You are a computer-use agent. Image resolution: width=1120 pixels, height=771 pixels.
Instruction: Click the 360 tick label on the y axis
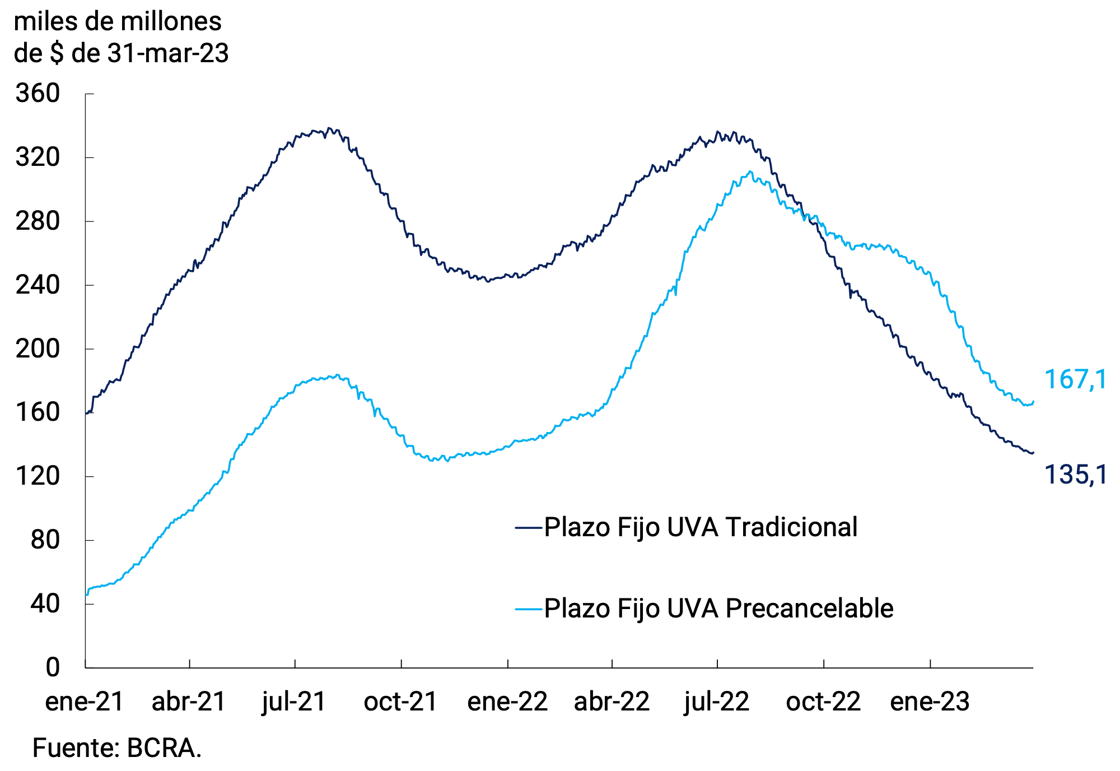pos(38,93)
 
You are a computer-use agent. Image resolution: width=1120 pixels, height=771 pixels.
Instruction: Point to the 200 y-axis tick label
pos(38,349)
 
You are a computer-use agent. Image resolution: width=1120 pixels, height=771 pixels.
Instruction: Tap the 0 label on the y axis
pos(52,667)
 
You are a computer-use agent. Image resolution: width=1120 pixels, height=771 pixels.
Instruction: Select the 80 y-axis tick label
pos(45,540)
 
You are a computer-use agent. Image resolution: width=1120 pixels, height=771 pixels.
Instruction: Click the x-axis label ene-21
pos(84,702)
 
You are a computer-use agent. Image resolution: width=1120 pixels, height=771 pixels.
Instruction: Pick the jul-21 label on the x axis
pos(294,702)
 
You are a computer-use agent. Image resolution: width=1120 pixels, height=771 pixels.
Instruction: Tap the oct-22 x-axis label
pos(823,702)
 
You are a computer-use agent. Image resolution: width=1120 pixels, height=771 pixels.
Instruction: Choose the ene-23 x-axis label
pos(930,702)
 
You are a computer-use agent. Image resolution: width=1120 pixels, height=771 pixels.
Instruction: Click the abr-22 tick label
pos(612,702)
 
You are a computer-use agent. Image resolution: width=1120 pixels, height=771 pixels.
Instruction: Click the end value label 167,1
pos(1075,380)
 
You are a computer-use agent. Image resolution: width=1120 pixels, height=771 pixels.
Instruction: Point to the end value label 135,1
pos(1075,475)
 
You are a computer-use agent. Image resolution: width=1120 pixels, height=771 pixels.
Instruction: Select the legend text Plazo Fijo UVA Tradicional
pos(700,527)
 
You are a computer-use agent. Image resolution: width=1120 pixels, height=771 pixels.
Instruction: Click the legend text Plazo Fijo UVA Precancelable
pos(718,609)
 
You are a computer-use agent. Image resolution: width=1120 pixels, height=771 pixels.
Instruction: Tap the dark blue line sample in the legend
pos(529,527)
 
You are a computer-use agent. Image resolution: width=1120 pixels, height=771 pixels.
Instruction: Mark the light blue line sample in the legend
pos(529,609)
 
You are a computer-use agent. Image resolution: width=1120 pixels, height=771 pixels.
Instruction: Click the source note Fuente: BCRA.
pos(117,748)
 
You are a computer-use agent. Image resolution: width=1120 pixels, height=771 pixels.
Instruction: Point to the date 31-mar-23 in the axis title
pos(168,54)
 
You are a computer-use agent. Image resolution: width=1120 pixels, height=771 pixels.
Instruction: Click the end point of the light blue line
pos(1033,402)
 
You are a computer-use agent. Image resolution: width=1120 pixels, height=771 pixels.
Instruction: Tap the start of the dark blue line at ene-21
pos(86,414)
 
